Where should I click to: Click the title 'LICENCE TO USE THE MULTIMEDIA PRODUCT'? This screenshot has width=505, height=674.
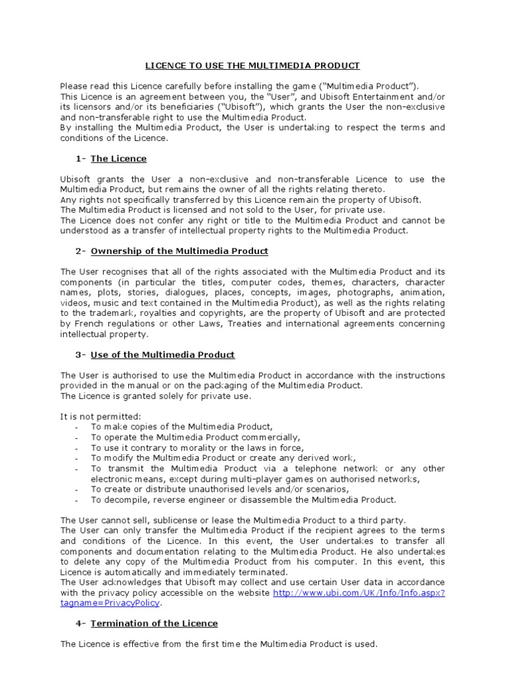click(252, 65)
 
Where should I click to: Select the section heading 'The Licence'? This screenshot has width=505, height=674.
click(118, 159)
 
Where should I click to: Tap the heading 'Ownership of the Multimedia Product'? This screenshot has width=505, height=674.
click(180, 251)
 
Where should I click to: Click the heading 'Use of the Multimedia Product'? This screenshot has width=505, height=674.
click(162, 354)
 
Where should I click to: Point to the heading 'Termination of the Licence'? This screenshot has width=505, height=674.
click(154, 623)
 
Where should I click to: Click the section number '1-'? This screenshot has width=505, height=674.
click(81, 159)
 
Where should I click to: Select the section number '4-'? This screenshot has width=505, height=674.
click(81, 623)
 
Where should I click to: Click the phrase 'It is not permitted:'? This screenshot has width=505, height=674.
click(101, 416)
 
